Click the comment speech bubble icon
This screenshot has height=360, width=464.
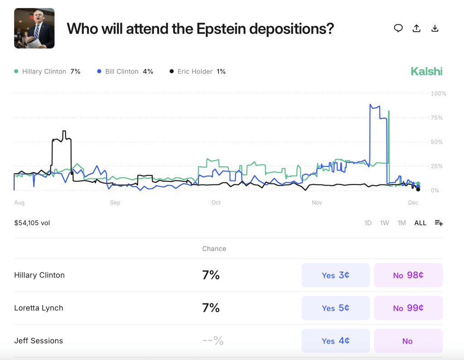tap(398, 28)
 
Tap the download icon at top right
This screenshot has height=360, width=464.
tap(435, 28)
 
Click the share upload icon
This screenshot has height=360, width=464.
tap(416, 28)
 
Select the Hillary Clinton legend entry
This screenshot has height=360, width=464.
tap(47, 71)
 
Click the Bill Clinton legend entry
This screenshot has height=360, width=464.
tap(126, 71)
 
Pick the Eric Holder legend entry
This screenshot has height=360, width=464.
tap(198, 71)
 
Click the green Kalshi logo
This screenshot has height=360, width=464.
tap(426, 71)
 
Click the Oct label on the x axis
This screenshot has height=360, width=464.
tap(216, 202)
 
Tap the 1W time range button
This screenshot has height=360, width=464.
tap(385, 223)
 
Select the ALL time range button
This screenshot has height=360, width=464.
tap(420, 223)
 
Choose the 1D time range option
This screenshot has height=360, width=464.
tap(368, 223)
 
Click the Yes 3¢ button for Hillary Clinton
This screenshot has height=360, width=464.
tap(336, 275)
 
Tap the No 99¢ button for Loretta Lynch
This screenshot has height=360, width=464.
tap(408, 308)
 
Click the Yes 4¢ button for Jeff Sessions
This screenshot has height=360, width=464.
tap(336, 341)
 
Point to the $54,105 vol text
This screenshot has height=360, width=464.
tap(32, 223)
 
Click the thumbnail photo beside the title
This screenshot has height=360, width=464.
tap(34, 28)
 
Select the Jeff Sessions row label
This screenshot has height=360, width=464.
tap(39, 341)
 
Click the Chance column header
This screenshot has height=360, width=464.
tap(214, 248)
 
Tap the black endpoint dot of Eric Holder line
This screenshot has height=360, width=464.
tap(418, 190)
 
